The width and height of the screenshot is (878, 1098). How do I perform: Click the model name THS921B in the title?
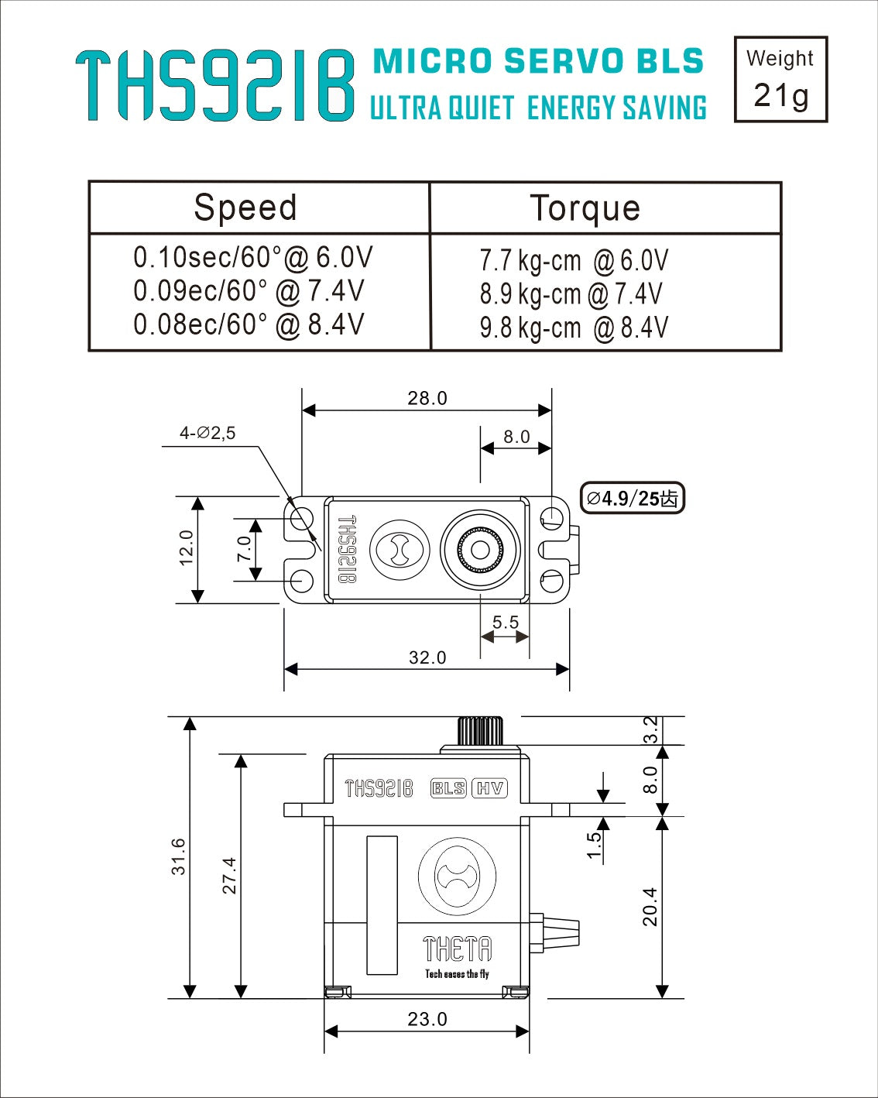click(215, 86)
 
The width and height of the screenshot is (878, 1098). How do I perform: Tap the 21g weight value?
click(780, 96)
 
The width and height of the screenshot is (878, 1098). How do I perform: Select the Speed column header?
click(245, 208)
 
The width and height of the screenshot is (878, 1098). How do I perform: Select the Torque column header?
click(585, 208)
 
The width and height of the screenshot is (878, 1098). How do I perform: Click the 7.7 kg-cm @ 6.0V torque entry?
click(573, 261)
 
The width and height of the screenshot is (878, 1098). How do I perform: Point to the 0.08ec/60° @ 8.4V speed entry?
click(249, 324)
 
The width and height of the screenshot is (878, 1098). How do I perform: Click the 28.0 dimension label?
click(427, 398)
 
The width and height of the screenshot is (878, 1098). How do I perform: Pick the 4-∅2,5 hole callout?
click(207, 434)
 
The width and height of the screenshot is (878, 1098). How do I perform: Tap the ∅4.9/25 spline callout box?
click(633, 498)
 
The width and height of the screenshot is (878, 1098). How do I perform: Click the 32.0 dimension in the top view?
click(427, 657)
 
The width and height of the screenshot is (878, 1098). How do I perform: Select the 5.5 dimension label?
click(505, 623)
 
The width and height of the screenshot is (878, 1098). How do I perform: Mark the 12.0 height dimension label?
click(187, 548)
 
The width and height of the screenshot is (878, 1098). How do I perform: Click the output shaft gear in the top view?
click(480, 550)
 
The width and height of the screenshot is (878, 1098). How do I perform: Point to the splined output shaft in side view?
click(480, 730)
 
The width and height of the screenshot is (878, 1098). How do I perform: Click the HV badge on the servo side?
click(489, 788)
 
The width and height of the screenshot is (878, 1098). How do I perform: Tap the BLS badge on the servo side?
click(448, 788)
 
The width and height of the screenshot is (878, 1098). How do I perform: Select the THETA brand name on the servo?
click(457, 949)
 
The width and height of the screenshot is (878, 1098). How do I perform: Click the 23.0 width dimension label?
click(427, 1019)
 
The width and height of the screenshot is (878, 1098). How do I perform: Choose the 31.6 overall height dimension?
click(179, 856)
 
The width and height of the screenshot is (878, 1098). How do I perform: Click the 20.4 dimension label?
click(650, 907)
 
